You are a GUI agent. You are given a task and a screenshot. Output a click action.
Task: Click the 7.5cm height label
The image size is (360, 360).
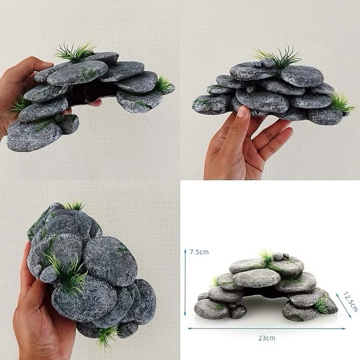click(x=199, y=252)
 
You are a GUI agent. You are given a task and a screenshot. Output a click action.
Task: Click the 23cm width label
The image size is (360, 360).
click(x=266, y=338)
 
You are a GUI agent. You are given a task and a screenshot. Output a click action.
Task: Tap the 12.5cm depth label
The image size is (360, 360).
click(x=351, y=302)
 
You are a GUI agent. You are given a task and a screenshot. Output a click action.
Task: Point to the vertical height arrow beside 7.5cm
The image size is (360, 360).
click(x=185, y=283)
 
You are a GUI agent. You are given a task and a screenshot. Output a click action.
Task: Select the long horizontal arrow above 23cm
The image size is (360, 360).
click(x=266, y=328)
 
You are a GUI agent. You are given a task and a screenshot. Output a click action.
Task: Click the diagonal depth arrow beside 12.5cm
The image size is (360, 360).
click(x=344, y=306)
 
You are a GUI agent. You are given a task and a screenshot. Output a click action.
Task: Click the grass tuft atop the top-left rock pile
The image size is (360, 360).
click(x=75, y=52)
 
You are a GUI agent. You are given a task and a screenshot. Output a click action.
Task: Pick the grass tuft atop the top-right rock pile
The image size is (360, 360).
click(x=278, y=58)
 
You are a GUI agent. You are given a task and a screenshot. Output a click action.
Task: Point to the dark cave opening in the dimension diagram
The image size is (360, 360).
click(x=264, y=292)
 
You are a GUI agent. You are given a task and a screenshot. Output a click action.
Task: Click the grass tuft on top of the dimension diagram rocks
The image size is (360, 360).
click(x=266, y=257)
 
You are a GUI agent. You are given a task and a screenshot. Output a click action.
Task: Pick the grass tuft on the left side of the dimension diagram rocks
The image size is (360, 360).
click(x=215, y=282)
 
